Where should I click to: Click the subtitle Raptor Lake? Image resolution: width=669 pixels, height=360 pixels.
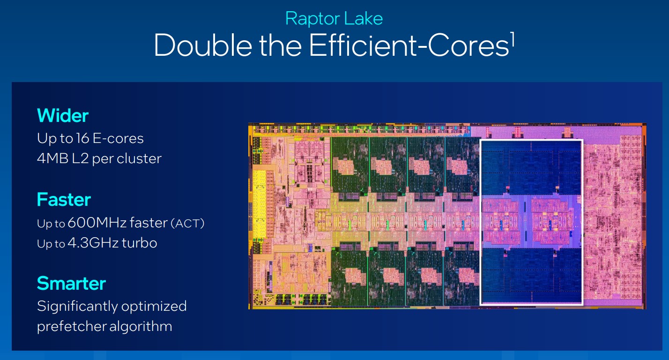coord(334,19)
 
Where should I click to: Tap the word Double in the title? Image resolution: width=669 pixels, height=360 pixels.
coord(203,45)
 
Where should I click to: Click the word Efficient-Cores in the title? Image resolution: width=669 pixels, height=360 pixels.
coord(409,45)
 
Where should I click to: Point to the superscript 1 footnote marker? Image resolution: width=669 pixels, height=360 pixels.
coord(512,39)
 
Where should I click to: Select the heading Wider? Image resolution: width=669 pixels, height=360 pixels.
coord(63,115)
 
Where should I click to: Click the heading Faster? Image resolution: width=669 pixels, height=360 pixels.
coord(64,199)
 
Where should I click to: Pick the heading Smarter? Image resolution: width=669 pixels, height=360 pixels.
coord(71,283)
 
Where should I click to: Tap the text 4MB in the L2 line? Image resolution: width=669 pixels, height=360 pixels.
coord(53,158)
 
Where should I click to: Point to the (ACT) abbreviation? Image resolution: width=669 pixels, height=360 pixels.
coord(187,224)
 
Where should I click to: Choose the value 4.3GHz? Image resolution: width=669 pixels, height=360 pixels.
coord(93,243)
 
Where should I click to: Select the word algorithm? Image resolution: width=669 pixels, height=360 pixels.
coord(141,327)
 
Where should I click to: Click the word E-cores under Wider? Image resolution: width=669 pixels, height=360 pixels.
coord(118,138)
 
